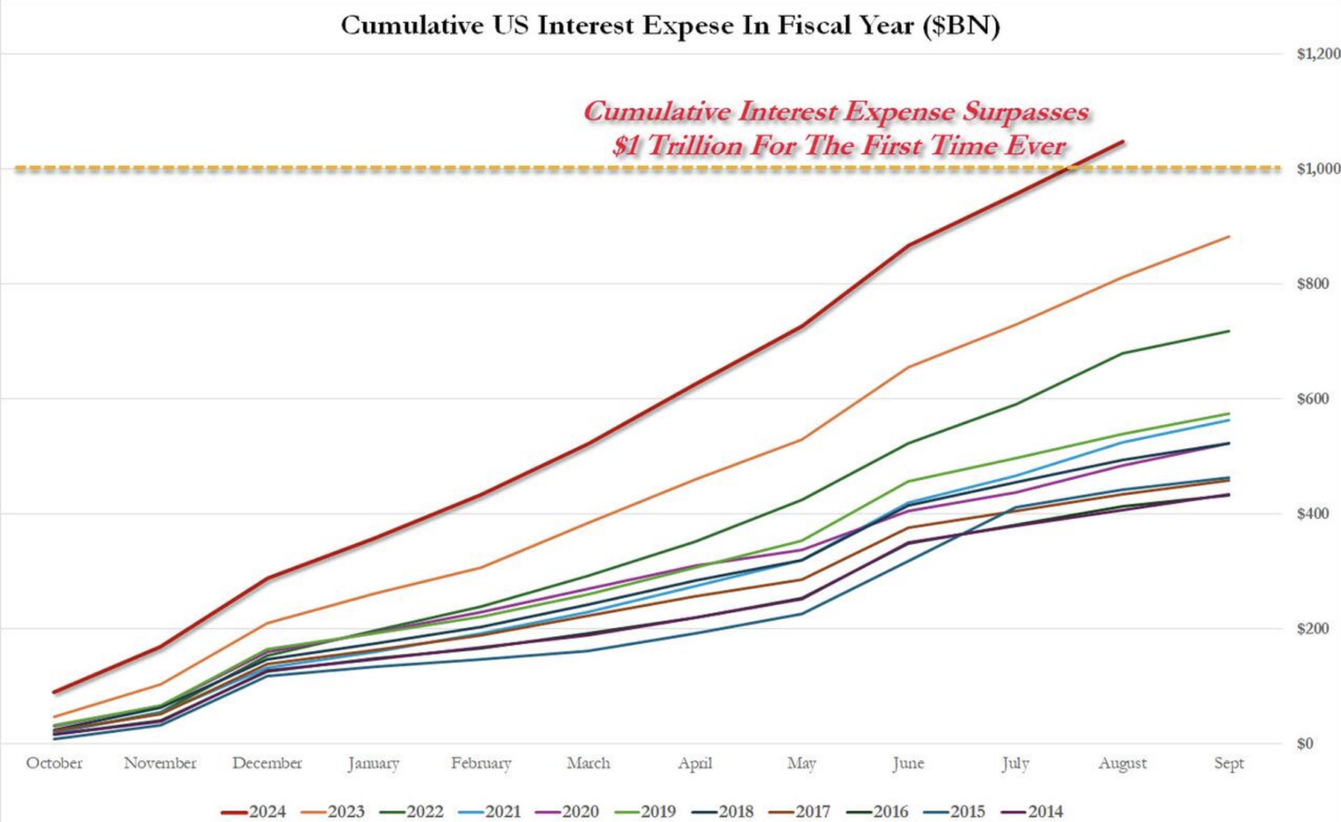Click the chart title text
pyautogui.click(x=670, y=26)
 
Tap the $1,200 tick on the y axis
pyautogui.click(x=1318, y=54)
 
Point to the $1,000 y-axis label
pyautogui.click(x=1318, y=169)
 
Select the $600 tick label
pyautogui.click(x=1312, y=399)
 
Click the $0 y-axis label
pyautogui.click(x=1305, y=744)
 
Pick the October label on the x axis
pyautogui.click(x=54, y=763)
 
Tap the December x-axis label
pyautogui.click(x=268, y=763)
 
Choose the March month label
pyautogui.click(x=588, y=763)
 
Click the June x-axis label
pyautogui.click(x=908, y=763)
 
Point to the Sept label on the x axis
pyautogui.click(x=1229, y=763)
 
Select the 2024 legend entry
pyautogui.click(x=254, y=812)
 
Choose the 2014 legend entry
pyautogui.click(x=1032, y=812)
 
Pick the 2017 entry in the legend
pyautogui.click(x=800, y=812)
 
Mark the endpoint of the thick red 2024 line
pyautogui.click(x=1122, y=142)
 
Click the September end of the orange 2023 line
pyautogui.click(x=1229, y=237)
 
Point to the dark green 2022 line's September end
pyautogui.click(x=1229, y=331)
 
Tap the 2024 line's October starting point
pyautogui.click(x=54, y=692)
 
